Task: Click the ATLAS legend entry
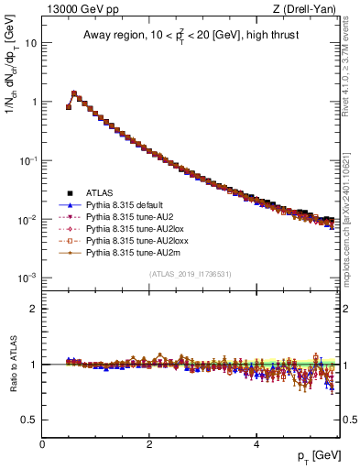(x=100, y=193)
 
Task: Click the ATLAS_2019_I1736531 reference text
(x=190, y=274)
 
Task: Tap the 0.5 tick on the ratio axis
(x=30, y=420)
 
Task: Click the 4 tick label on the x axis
(x=256, y=442)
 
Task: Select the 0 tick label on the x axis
(x=42, y=442)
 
